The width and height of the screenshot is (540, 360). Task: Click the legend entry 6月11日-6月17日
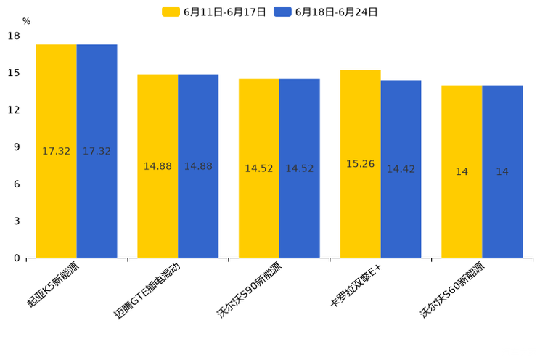pyautogui.click(x=215, y=12)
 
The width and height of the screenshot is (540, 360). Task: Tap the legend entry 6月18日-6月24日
pyautogui.click(x=327, y=12)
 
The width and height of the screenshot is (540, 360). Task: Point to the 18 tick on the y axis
pyautogui.click(x=14, y=36)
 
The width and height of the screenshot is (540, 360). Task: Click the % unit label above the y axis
pyautogui.click(x=26, y=22)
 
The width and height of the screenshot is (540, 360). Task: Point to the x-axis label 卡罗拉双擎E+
pyautogui.click(x=355, y=286)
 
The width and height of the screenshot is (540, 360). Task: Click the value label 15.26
pyautogui.click(x=360, y=164)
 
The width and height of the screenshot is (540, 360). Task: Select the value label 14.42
pyautogui.click(x=401, y=169)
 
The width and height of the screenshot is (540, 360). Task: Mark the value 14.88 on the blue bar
pyautogui.click(x=198, y=166)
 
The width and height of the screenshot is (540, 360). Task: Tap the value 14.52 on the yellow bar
pyautogui.click(x=259, y=168)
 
